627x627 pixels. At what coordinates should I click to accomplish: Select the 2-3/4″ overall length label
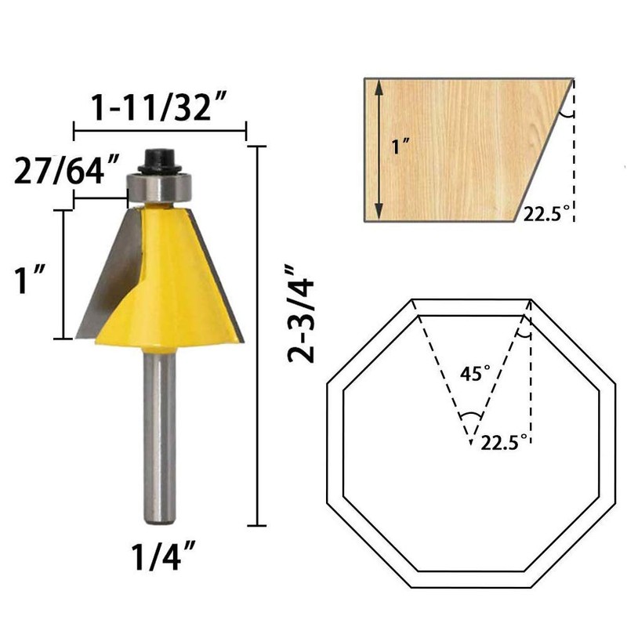[301, 314]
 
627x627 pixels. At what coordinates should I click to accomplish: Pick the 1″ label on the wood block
[400, 147]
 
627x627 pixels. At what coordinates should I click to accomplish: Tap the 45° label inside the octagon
[470, 374]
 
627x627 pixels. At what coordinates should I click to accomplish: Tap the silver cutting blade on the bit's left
[110, 274]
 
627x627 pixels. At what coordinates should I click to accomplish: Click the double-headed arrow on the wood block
[379, 149]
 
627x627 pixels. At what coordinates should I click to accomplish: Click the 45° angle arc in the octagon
[470, 415]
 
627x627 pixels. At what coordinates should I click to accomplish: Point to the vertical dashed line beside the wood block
[574, 157]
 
